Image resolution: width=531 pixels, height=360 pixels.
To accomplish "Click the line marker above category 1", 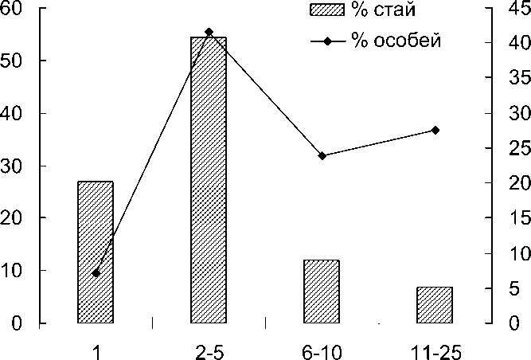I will [x=96, y=273].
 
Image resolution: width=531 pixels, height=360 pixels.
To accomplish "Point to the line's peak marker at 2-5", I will [x=209, y=32].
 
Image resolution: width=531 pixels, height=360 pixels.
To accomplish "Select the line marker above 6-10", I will [x=322, y=155].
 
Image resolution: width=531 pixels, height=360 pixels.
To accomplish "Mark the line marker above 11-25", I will [x=435, y=130].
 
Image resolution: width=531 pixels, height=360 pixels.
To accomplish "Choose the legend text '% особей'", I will [x=395, y=41].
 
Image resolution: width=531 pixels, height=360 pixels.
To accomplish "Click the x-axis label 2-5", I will [x=209, y=351].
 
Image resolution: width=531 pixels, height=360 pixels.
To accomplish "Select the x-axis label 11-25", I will [x=435, y=351].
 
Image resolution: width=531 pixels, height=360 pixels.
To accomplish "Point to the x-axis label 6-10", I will [x=322, y=351].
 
